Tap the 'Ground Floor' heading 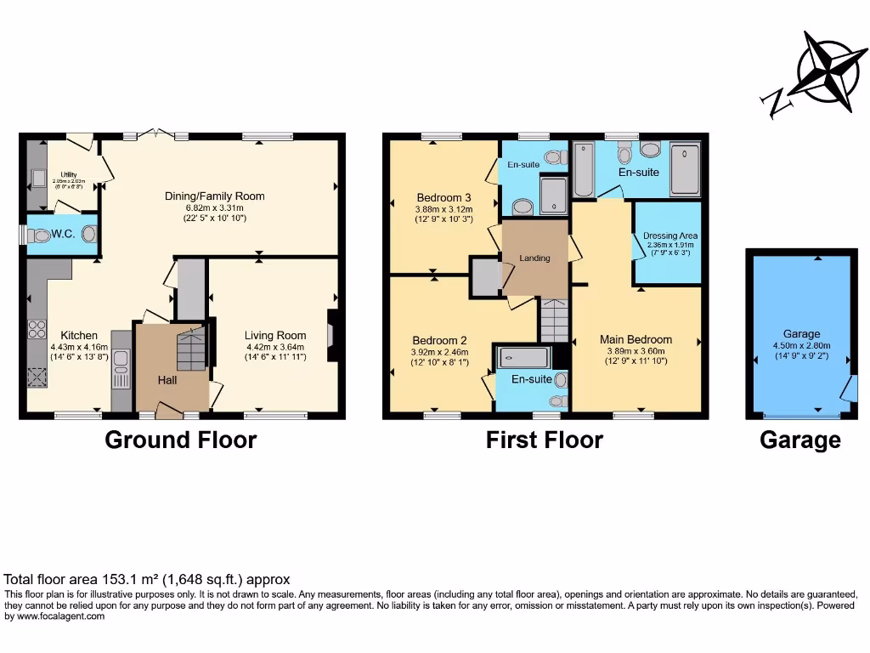(x=180, y=440)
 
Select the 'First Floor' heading (x=544, y=440)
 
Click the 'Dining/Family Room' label (x=215, y=196)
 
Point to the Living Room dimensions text (x=274, y=351)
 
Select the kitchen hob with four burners (x=37, y=326)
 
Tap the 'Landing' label (x=534, y=258)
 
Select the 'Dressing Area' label (x=670, y=236)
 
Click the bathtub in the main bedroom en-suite (x=584, y=170)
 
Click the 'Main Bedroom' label (x=636, y=340)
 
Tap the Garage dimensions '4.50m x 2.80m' (x=801, y=346)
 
